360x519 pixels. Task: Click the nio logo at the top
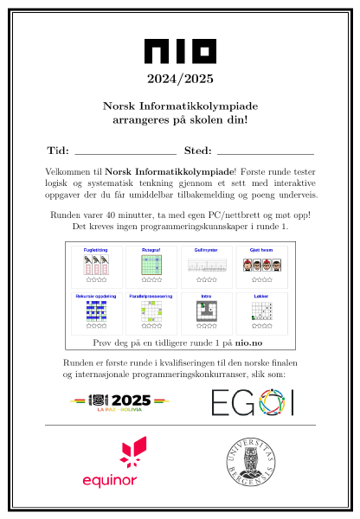[179, 52]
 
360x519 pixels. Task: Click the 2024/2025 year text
[179, 80]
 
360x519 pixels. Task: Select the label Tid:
[57, 150]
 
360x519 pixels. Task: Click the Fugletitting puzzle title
[96, 249]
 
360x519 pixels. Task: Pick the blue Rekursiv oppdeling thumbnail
[96, 312]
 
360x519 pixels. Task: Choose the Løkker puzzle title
[261, 296]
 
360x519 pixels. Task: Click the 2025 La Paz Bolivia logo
[120, 401]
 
